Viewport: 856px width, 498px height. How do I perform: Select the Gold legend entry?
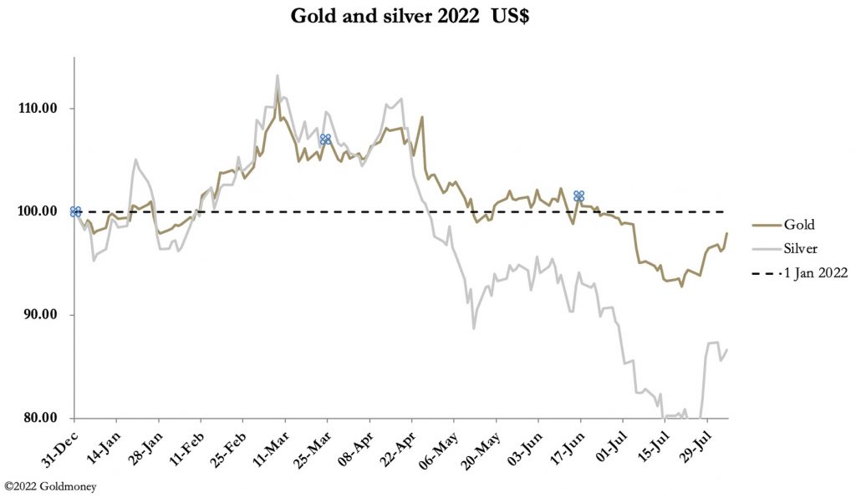(798, 225)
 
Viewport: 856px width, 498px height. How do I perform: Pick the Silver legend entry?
(800, 248)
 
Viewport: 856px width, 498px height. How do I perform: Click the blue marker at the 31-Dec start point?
(75, 211)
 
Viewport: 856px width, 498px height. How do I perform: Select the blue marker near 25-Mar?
(325, 139)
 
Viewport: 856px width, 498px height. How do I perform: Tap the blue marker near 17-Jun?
(578, 196)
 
